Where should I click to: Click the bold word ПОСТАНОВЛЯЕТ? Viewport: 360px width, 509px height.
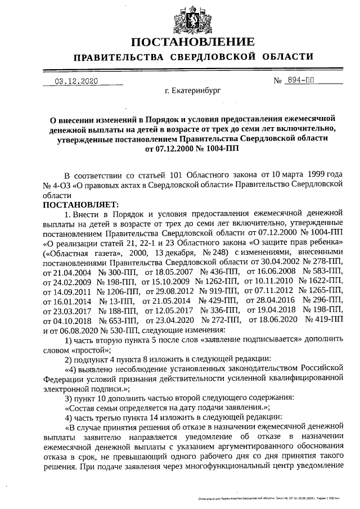(78, 204)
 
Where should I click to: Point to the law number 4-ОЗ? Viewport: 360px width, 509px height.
(57, 183)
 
